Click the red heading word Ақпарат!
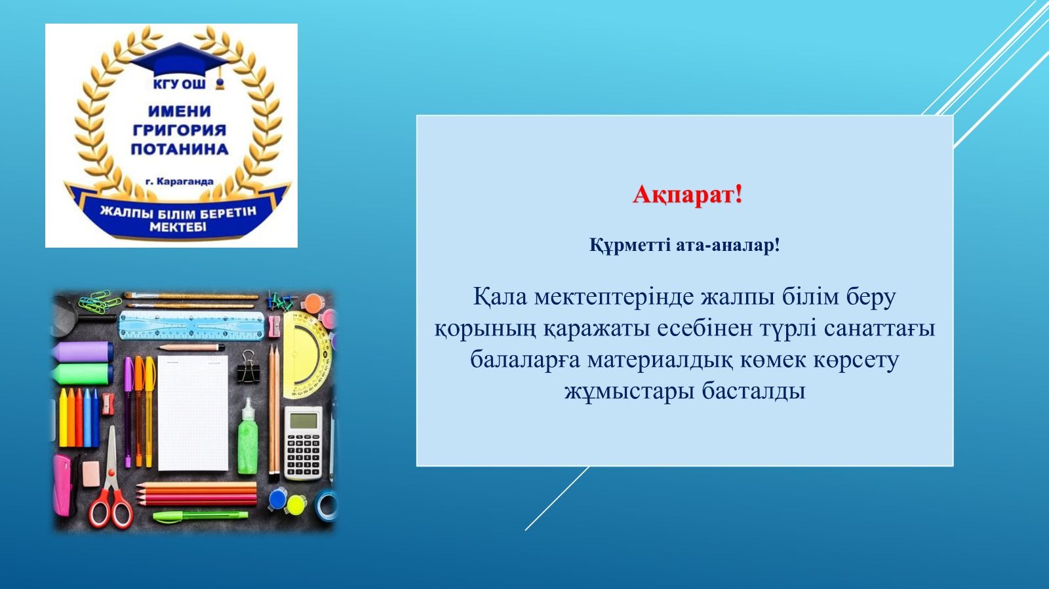point(687,195)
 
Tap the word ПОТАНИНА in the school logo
point(180,149)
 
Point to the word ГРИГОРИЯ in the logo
point(180,130)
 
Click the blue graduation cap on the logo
point(180,63)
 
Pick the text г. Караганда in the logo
point(180,181)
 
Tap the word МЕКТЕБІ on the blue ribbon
point(178,228)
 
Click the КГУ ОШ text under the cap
point(179,85)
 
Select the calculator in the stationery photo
point(304,442)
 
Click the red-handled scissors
point(110,482)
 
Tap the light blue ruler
point(191,325)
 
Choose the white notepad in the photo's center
point(193,413)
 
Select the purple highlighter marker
point(83,352)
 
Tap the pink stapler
point(62,484)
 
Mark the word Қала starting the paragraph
point(500,298)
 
